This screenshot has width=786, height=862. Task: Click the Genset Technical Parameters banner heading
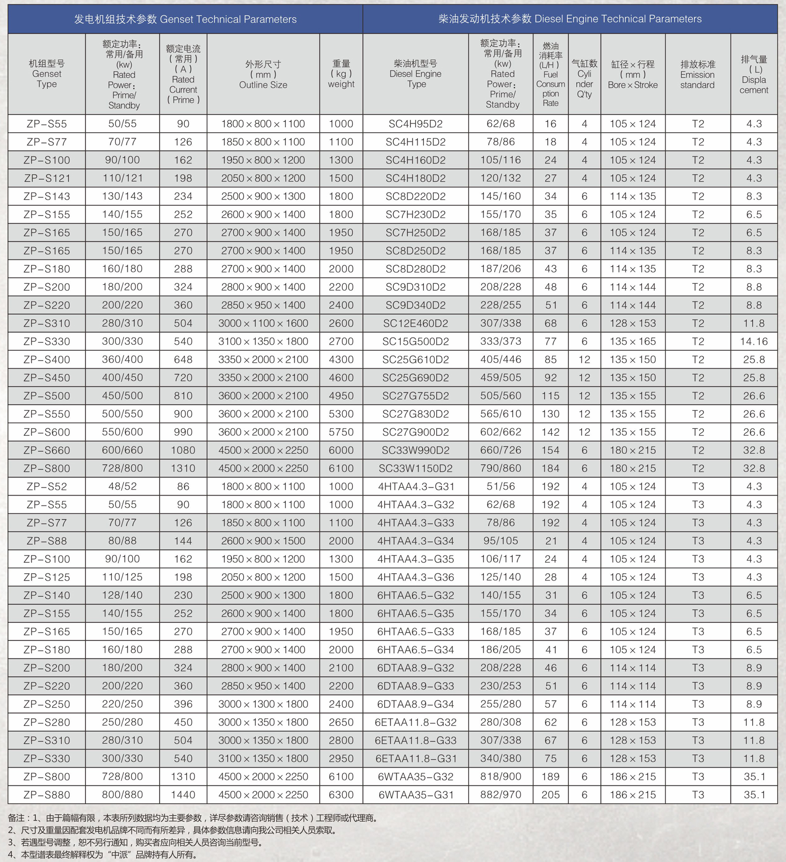pos(185,19)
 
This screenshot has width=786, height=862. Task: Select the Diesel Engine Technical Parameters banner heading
pos(570,19)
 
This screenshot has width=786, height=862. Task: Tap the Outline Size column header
pos(263,75)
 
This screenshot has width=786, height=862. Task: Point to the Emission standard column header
pos(697,75)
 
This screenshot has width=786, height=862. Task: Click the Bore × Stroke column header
pos(633,75)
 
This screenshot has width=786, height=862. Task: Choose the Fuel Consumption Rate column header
pos(550,75)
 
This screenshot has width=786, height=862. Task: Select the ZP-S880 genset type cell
pos(47,795)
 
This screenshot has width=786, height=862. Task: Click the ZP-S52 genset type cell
pos(47,487)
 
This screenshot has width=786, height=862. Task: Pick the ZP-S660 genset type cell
pos(47,450)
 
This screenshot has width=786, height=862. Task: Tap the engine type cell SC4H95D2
pos(416,124)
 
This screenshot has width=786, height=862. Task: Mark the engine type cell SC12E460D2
pos(416,323)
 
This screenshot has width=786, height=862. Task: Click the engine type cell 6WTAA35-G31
pos(416,795)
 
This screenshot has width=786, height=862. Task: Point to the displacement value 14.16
pos(754,341)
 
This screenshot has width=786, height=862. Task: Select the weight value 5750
pos(341,432)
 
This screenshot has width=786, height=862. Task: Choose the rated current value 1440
pos(183,795)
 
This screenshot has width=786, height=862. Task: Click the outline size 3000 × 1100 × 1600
pos(263,323)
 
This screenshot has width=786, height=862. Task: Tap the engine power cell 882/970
pos(501,795)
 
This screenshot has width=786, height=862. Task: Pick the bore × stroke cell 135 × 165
pos(633,341)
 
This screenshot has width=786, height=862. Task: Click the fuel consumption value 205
pos(550,795)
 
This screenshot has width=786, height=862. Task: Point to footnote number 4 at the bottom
pos(11,855)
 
